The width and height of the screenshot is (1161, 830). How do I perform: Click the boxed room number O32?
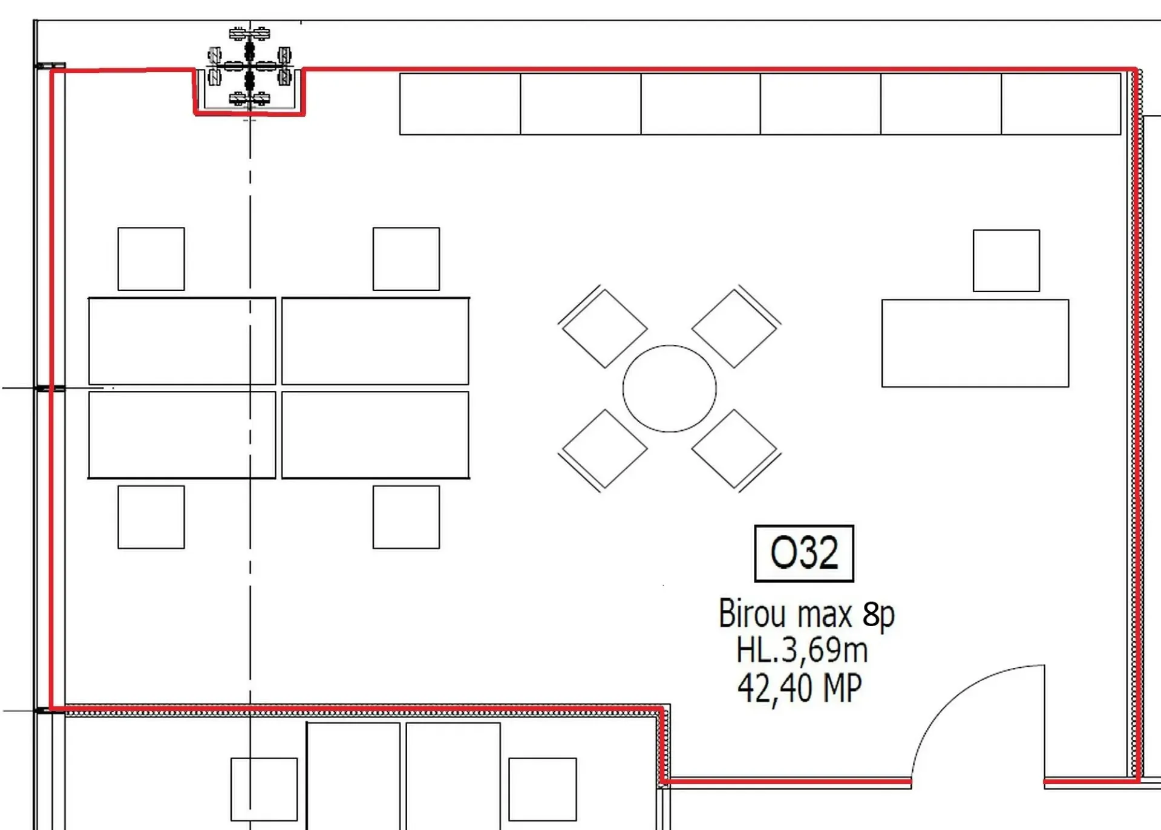click(804, 553)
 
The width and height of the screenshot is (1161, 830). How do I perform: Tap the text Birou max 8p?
click(806, 614)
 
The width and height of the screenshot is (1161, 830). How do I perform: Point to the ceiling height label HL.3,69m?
click(802, 650)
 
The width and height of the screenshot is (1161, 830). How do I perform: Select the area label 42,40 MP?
click(800, 687)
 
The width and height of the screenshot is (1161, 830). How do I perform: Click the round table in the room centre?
click(670, 388)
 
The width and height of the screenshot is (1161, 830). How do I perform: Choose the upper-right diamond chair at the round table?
click(735, 327)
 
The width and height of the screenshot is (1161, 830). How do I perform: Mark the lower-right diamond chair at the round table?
click(735, 449)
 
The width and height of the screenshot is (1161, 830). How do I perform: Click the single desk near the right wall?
click(975, 343)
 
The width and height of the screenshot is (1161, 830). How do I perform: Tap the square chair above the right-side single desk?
click(1006, 261)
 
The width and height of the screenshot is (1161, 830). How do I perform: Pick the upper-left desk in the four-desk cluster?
click(182, 341)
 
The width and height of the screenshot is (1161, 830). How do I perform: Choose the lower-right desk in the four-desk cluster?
click(375, 435)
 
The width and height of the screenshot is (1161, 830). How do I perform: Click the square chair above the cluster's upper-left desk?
click(151, 259)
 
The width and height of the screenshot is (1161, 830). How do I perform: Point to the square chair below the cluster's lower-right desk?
click(406, 517)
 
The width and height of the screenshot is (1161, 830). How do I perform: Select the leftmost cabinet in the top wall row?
click(460, 104)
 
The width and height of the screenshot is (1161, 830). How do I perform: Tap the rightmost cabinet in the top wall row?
click(1061, 104)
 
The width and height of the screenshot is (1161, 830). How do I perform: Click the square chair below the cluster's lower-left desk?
click(151, 517)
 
